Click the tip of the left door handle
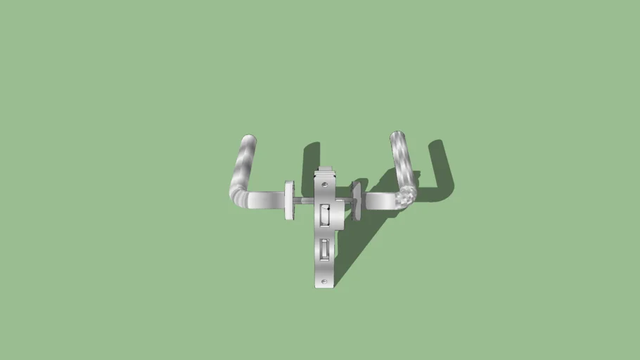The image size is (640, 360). tap(249, 139)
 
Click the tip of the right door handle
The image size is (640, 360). tap(397, 135)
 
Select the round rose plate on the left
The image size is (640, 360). tap(289, 200)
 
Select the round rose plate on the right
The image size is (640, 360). tap(356, 201)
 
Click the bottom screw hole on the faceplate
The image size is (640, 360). tap(324, 281)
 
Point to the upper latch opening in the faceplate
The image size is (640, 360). tap(324, 214)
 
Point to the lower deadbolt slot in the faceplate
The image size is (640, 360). tap(324, 250)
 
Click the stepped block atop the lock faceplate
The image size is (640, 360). tap(326, 172)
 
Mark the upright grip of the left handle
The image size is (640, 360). tap(245, 165)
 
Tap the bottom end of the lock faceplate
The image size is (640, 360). tap(324, 285)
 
